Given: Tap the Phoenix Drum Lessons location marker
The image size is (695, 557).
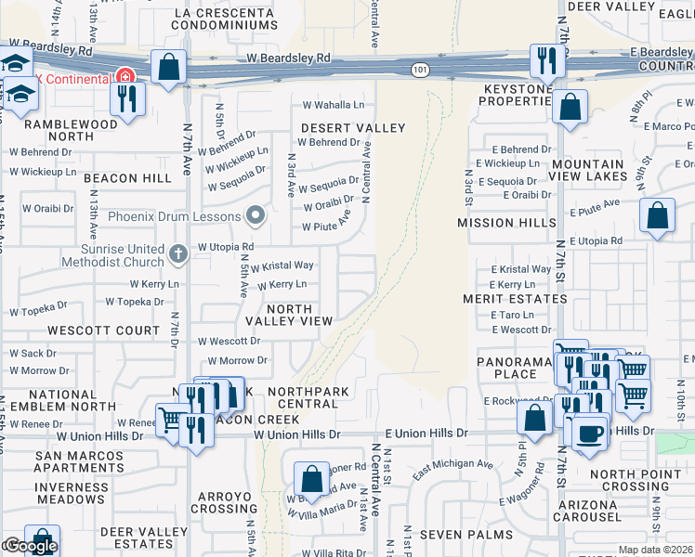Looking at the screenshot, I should point(256,217).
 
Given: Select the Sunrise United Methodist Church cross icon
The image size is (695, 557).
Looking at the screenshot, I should point(179,252).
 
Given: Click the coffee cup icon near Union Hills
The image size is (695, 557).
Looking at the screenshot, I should point(589,434).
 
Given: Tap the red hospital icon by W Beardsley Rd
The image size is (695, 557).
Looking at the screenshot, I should point(122,77).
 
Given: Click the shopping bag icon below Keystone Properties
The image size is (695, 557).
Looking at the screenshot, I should point(570,106).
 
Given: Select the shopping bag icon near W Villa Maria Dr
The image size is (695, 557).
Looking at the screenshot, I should point(312,479).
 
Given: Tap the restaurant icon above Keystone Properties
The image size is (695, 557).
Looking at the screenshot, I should point(545,61).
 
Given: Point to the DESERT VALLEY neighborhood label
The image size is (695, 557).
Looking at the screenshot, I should point(352,127).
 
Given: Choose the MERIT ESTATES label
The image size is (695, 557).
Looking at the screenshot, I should point(515,299).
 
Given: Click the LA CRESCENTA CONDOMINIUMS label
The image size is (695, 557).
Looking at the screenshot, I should point(226,19).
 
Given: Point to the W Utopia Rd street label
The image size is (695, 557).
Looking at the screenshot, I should point(226,247).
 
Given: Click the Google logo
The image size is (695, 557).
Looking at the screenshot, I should point(30,546).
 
